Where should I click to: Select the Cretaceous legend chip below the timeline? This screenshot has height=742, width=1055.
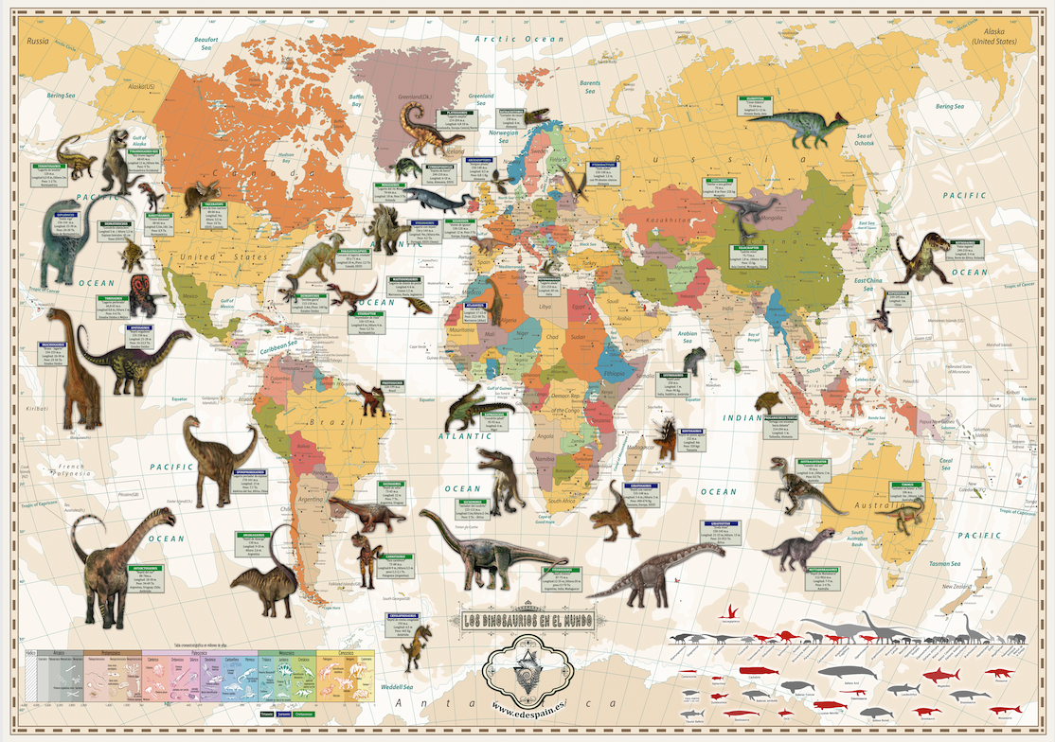click(x=302, y=714)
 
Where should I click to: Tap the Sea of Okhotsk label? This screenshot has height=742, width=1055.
click(x=865, y=139)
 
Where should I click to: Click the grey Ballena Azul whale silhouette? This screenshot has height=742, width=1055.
click(x=841, y=673)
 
